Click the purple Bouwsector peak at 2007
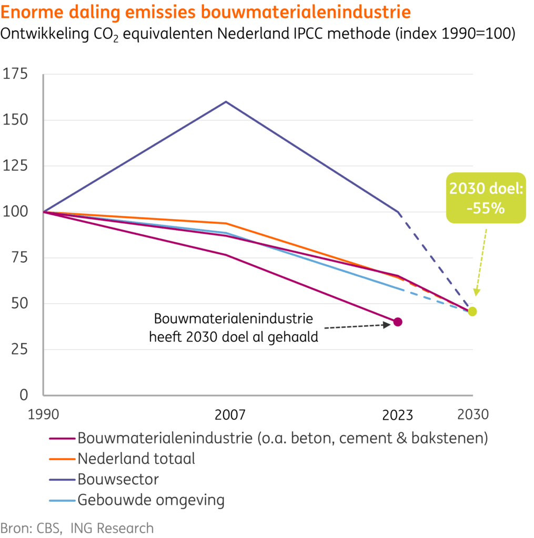(x=226, y=102)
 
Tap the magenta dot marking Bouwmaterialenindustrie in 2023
(x=398, y=322)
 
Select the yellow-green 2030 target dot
(x=472, y=312)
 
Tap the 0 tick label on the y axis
(x=23, y=395)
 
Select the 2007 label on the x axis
(x=230, y=415)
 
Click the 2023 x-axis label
(x=398, y=415)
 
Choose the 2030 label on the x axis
(x=473, y=415)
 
